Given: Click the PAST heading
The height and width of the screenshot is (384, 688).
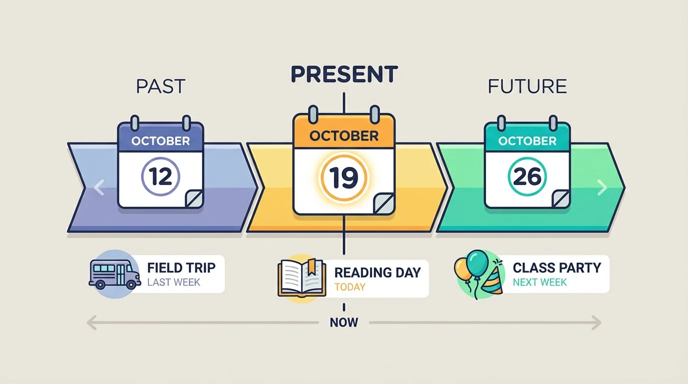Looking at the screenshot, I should point(160,86).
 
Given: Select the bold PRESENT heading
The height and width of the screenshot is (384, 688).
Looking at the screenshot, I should point(344,74).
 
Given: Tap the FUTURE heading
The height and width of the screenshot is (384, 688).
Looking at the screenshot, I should point(527,86).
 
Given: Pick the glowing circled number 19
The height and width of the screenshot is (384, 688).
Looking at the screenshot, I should point(344,178).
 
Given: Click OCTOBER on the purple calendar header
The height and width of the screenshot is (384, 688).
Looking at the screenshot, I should point(160,141).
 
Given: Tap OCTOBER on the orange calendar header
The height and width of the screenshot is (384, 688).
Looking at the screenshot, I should point(344,135).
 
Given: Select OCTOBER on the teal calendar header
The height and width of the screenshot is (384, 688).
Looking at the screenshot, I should point(527,141).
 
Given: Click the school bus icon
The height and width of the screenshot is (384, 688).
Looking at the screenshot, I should point(114,274).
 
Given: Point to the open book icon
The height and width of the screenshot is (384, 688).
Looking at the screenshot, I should point(301,278).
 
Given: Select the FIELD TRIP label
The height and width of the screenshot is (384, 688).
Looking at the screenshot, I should point(181,267).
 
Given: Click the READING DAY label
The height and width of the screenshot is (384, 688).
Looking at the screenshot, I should point(377,272).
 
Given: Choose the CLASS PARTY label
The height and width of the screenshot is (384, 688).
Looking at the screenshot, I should point(556,267).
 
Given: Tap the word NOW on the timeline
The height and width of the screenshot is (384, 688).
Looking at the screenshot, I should point(344,322).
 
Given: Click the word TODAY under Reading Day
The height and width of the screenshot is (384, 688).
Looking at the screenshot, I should point(350,287).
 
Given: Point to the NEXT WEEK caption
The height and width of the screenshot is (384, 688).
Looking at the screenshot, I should point(539,282).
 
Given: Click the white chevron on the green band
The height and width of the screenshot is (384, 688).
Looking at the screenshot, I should point(602,188).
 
